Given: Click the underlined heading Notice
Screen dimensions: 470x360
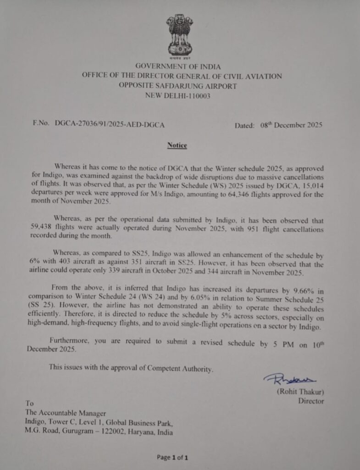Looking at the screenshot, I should coord(177,145).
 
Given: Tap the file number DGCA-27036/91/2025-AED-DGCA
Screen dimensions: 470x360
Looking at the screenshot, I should coord(110,124).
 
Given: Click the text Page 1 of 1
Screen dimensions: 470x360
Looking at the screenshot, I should coord(172,457).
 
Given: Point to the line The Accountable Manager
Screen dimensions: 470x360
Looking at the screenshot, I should coord(66,413).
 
